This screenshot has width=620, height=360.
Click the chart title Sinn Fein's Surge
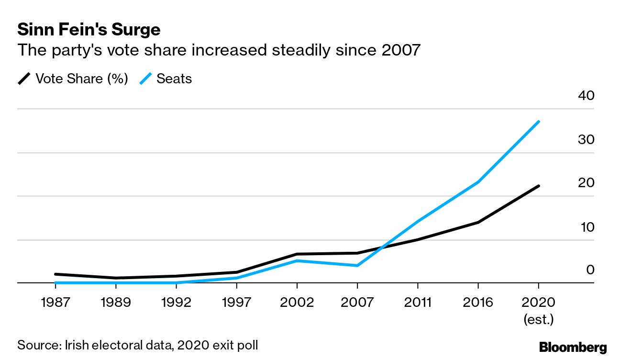[89, 30]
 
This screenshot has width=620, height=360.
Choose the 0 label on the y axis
[590, 270]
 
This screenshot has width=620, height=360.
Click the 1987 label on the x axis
[55, 303]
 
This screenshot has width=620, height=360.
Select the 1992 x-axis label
[176, 303]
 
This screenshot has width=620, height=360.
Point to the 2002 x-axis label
[297, 303]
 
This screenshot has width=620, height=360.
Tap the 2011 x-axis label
[418, 303]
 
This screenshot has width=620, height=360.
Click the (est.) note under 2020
[539, 319]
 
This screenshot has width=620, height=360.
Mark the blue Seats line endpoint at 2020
[539, 122]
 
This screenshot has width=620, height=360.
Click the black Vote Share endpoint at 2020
[539, 186]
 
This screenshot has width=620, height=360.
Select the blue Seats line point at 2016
[478, 182]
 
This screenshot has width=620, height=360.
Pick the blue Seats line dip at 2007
[357, 265]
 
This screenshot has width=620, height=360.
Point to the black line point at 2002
[297, 254]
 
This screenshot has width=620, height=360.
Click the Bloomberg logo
[573, 347]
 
